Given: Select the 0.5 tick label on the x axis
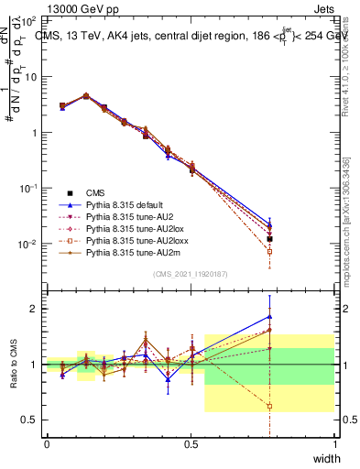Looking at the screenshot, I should click(191, 444).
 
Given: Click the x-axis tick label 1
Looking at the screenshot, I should click(334, 444).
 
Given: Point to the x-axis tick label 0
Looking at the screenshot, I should click(47, 444).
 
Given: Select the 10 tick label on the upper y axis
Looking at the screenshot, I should click(32, 77).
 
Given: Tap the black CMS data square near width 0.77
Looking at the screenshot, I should click(269, 239).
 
